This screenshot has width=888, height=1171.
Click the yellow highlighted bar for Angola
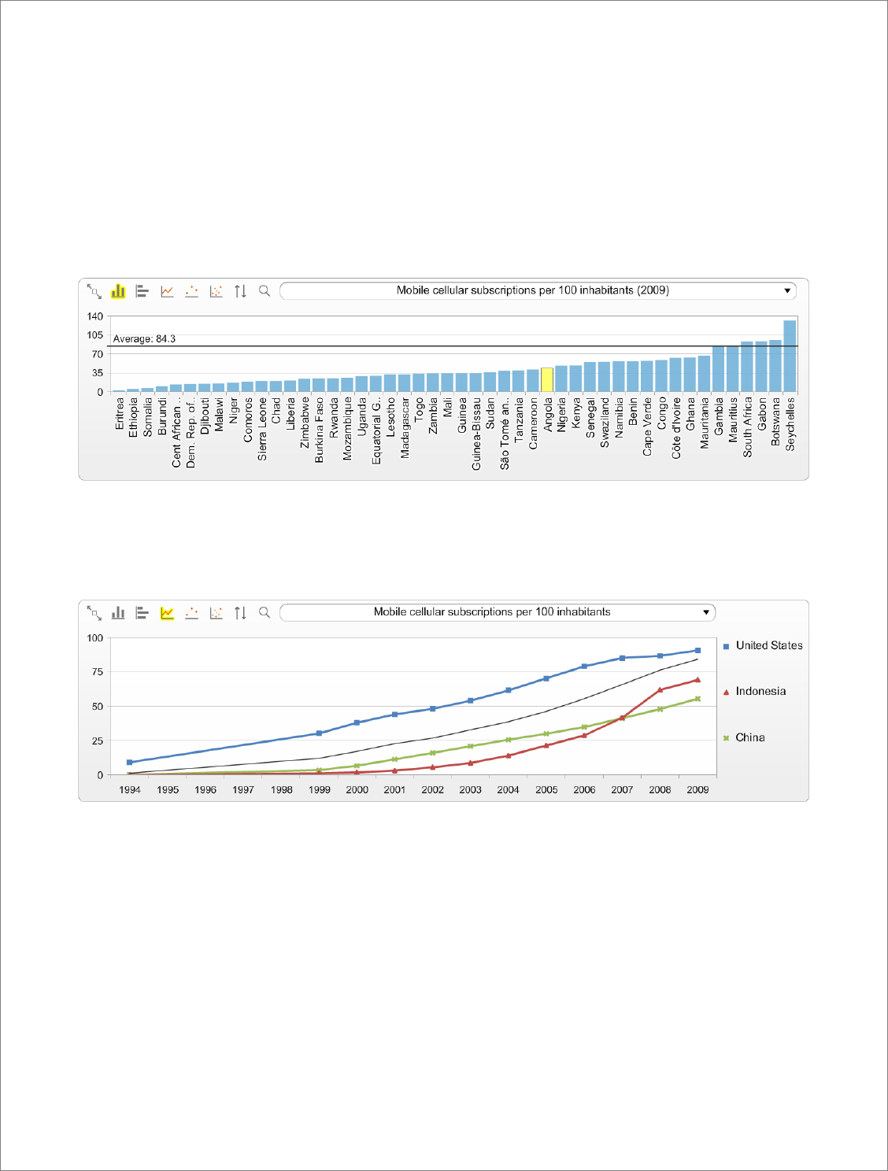coord(547,379)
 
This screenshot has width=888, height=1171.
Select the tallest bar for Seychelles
coord(790,356)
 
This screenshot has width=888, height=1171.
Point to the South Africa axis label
coord(747,427)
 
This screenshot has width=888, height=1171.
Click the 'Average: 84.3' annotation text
coord(144,338)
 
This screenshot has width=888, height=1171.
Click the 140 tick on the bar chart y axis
coord(94,316)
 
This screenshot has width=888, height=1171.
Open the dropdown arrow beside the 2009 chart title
coord(787,291)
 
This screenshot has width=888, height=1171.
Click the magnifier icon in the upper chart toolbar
coord(265,291)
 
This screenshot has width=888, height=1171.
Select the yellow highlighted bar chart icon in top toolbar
coord(118,291)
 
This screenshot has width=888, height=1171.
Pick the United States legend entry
coord(768,645)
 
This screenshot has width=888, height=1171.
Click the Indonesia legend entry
coord(760,691)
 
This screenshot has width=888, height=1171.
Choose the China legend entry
coord(749,737)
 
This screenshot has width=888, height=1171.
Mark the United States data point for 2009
coord(697,650)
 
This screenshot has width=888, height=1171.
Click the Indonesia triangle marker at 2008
coord(660,690)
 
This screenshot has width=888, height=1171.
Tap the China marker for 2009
coord(697,699)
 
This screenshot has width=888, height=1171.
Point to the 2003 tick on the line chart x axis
coord(470,789)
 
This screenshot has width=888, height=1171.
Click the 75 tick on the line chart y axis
coord(97,672)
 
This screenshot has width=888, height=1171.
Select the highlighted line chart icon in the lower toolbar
coord(167,613)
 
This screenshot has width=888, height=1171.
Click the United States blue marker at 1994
coord(130,763)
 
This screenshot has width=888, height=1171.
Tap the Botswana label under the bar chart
coord(775,422)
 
